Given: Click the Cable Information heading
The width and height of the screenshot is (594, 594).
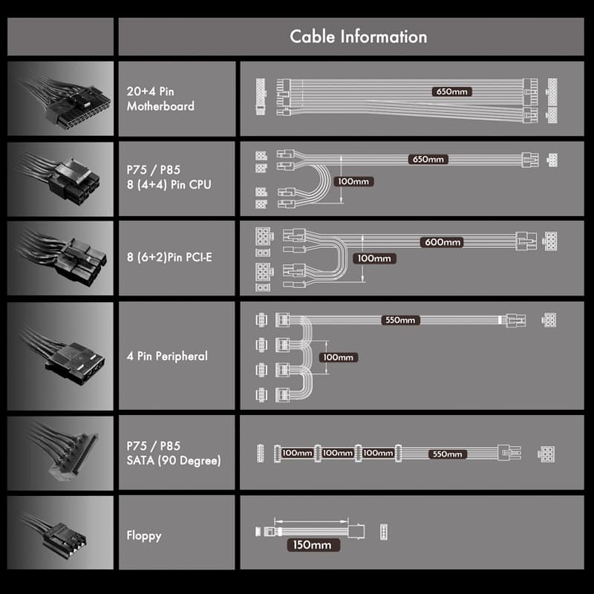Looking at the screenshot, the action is click(x=359, y=36).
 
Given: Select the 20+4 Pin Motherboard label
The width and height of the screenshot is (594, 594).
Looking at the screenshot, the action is click(x=160, y=99).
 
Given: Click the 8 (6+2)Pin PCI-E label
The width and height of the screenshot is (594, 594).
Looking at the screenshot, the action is click(x=169, y=257).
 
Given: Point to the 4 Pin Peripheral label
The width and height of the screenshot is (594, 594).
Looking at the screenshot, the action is click(x=167, y=356).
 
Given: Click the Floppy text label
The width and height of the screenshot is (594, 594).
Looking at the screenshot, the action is click(x=144, y=535).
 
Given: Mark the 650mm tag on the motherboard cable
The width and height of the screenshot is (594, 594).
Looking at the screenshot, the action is click(x=452, y=91).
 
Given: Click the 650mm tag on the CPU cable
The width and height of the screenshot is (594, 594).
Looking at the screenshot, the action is click(x=428, y=160).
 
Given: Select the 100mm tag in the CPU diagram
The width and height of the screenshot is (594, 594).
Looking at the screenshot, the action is click(x=353, y=181).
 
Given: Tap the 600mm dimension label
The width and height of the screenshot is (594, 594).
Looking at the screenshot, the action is click(x=443, y=242).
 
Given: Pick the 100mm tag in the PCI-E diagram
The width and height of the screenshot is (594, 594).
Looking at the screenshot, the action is click(x=374, y=258).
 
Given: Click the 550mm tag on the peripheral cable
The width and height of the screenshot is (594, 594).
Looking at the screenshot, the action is click(x=400, y=320).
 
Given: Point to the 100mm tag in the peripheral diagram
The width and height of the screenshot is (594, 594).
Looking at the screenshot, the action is click(x=339, y=357).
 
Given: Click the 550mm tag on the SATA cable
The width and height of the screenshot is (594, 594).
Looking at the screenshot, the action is click(x=448, y=454).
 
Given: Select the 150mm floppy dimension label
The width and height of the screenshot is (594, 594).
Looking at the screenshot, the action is click(x=312, y=545).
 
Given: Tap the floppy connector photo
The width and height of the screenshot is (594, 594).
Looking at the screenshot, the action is click(x=61, y=532).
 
